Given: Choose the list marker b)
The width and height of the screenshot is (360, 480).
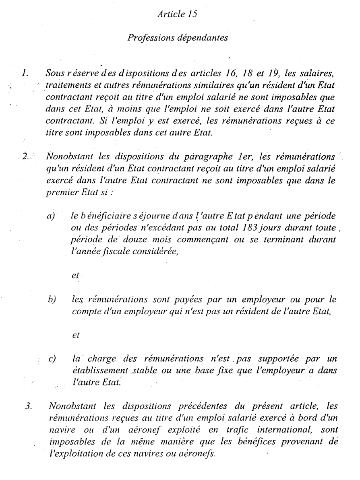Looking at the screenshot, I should [51, 300].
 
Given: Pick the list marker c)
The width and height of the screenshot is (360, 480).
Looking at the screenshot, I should [51, 358].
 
